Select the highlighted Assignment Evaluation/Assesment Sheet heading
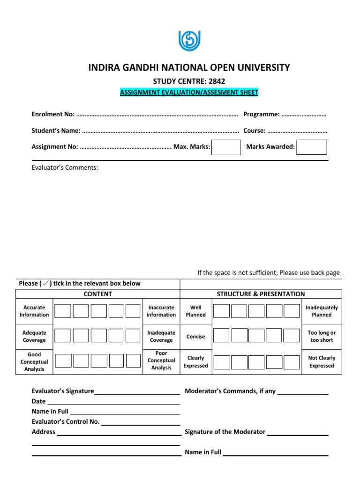pyautogui.click(x=189, y=92)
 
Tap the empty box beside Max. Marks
pyautogui.click(x=225, y=147)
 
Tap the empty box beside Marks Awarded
pyautogui.click(x=312, y=147)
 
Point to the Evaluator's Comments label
pyautogui.click(x=65, y=167)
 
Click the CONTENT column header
pyautogui.click(x=97, y=294)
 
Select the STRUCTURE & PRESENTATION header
pyautogui.click(x=261, y=294)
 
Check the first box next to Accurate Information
pyautogui.click(x=63, y=311)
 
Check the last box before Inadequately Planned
pyautogui.click(x=291, y=311)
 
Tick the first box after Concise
pyautogui.click(x=222, y=336)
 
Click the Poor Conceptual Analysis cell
pyautogui.click(x=161, y=360)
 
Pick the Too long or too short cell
pyautogui.click(x=322, y=336)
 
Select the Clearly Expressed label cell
pyautogui.click(x=195, y=361)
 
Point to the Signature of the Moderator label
pyautogui.click(x=225, y=432)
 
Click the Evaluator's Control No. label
pyautogui.click(x=66, y=421)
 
